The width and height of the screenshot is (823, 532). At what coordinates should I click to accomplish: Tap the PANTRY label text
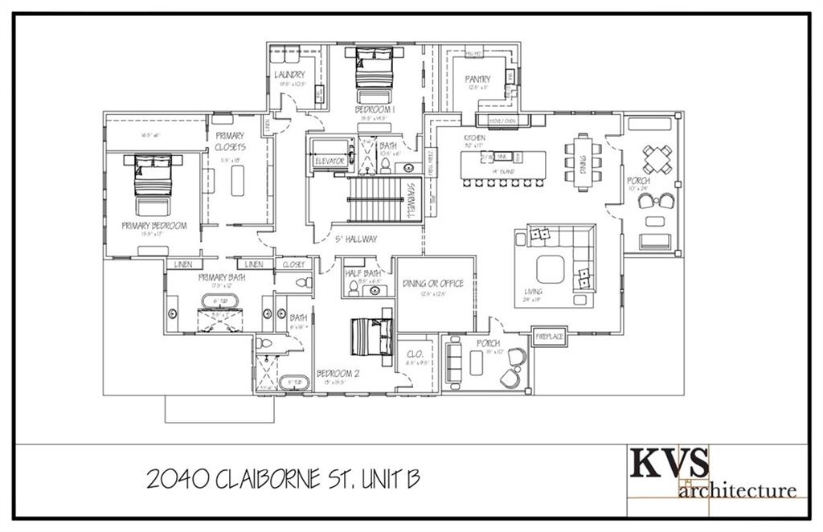pyautogui.click(x=477, y=79)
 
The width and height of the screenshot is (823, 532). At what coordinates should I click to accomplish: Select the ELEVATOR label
pyautogui.click(x=330, y=162)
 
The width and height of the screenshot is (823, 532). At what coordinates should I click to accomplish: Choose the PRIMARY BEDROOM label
pyautogui.click(x=154, y=226)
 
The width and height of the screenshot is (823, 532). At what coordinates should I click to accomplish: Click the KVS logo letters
pyautogui.click(x=669, y=464)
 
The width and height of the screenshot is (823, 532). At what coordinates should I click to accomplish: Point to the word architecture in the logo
pyautogui.click(x=738, y=489)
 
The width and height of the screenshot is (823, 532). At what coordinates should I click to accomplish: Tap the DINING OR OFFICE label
pyautogui.click(x=432, y=283)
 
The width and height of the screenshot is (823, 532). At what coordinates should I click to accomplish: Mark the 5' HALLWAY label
pyautogui.click(x=356, y=239)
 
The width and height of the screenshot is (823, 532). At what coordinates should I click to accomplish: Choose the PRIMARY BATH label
pyautogui.click(x=221, y=277)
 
